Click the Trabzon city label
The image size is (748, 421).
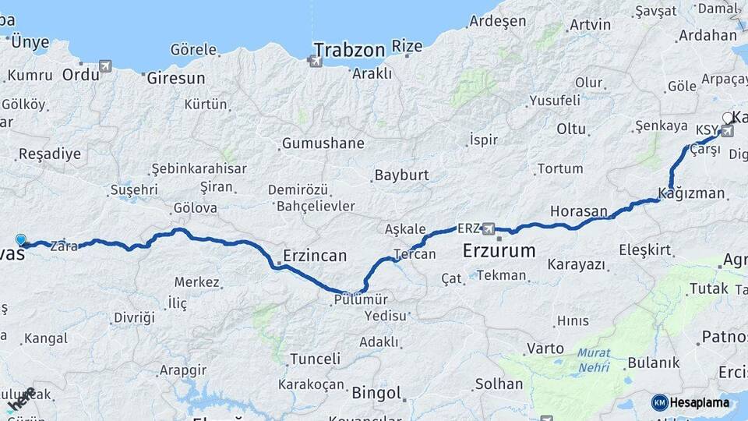click(x=349, y=51)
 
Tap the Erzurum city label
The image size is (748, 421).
click(x=499, y=251)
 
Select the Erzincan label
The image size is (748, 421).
click(x=315, y=255)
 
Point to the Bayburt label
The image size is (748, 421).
click(x=402, y=175)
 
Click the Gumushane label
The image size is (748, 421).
click(x=323, y=143)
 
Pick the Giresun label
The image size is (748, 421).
click(x=175, y=78)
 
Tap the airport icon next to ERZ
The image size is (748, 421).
click(x=489, y=228)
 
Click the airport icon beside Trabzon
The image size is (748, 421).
click(x=316, y=60)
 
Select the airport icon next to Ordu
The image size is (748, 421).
click(x=105, y=66)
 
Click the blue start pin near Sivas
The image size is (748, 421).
click(x=20, y=241)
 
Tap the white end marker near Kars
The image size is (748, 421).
click(x=727, y=118)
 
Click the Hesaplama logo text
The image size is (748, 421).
click(x=698, y=402)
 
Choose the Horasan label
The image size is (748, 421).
click(x=579, y=211)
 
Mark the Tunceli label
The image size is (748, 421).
click(x=315, y=359)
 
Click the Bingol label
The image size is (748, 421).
click(x=376, y=392)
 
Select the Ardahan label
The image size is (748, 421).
click(x=707, y=35)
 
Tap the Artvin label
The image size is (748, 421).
click(x=590, y=24)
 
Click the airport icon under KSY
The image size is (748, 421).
click(x=727, y=131)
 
